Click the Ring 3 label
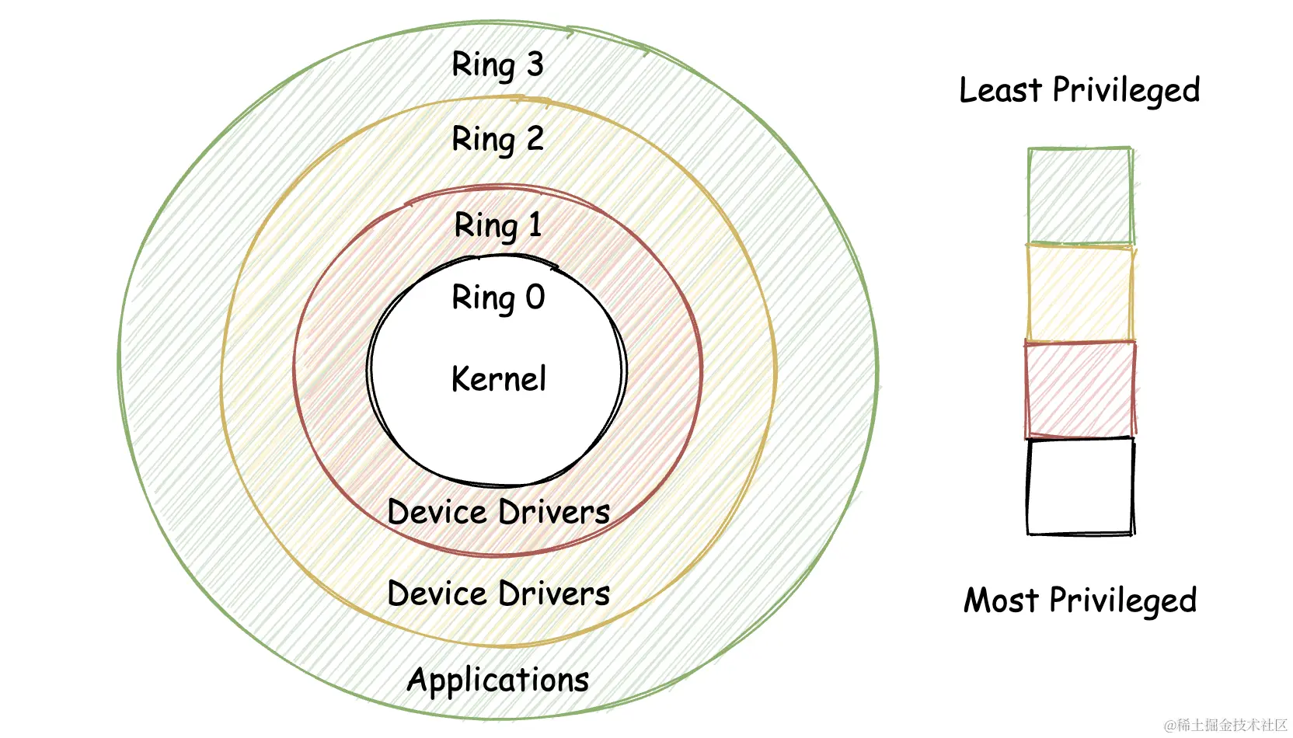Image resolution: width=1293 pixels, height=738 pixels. click(x=497, y=65)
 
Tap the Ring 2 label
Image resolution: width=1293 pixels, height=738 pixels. click(x=497, y=140)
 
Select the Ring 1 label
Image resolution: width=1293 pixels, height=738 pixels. click(x=497, y=226)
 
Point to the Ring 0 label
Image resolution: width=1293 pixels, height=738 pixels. click(x=498, y=298)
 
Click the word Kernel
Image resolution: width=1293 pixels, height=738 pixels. click(x=498, y=379)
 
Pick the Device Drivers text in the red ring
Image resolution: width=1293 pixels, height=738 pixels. click(x=498, y=512)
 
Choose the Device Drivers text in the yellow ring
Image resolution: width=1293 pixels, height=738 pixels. click(x=498, y=594)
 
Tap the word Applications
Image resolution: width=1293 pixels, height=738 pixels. click(x=498, y=680)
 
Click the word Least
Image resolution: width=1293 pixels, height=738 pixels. click(x=1000, y=90)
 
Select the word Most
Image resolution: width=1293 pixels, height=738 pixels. click(x=1001, y=600)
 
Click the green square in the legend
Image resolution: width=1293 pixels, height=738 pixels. click(x=1079, y=196)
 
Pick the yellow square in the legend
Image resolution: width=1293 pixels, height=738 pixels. click(x=1079, y=293)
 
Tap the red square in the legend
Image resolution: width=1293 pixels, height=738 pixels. click(x=1079, y=389)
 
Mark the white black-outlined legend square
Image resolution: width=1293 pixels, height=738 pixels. click(x=1079, y=486)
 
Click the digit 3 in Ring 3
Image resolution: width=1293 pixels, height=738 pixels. click(x=535, y=64)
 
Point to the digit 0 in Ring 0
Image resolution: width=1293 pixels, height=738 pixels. click(x=535, y=298)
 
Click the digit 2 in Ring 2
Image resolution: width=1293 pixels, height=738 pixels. click(x=535, y=139)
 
